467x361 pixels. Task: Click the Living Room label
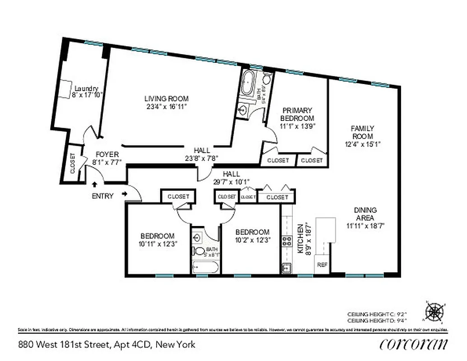click(x=166, y=99)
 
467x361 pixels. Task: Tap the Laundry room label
click(x=86, y=88)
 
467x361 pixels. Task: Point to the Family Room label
click(x=362, y=132)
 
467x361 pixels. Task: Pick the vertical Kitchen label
click(x=299, y=239)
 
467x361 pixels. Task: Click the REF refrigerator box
click(x=322, y=265)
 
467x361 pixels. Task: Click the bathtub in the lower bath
click(x=205, y=268)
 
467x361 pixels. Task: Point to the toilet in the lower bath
click(x=197, y=250)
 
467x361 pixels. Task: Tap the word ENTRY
click(x=102, y=196)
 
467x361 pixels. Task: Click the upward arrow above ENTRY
click(x=94, y=184)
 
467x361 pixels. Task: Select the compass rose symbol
click(x=434, y=311)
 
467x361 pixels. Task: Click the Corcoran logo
click(x=414, y=344)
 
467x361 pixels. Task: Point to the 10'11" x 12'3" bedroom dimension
click(x=157, y=244)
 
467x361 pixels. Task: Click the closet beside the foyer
click(x=72, y=164)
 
